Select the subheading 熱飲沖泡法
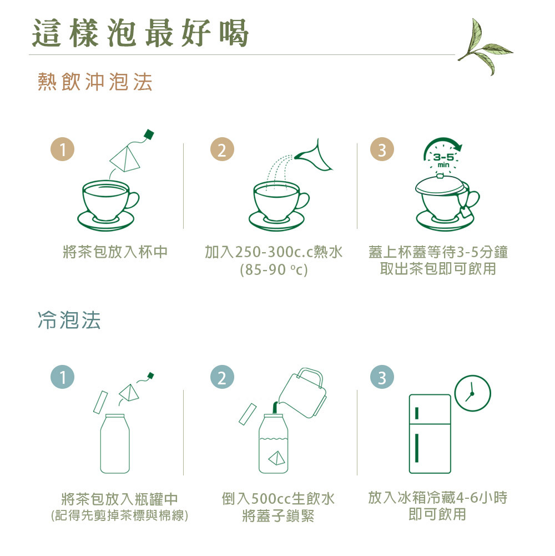point(95,82)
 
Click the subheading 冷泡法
point(69,320)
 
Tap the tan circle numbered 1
point(62,149)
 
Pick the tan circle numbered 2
point(222,149)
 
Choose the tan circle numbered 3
point(382,149)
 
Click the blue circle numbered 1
point(62,377)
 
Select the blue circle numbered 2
point(222,377)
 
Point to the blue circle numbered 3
point(382,377)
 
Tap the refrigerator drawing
point(430,434)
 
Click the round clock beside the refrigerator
point(472,393)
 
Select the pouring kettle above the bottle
point(302,393)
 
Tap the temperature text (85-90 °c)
point(274,269)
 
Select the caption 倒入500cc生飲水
point(278,499)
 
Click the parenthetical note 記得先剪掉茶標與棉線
point(119,515)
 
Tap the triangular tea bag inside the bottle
point(277,458)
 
